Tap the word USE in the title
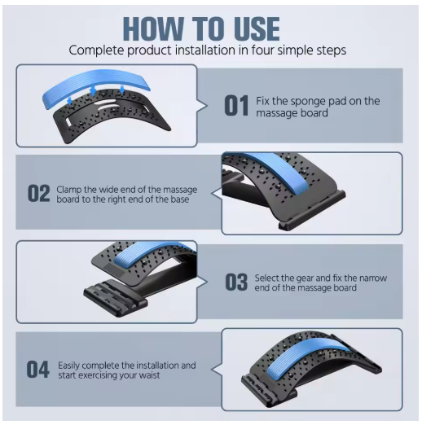255,28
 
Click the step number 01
236,106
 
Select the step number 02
39,194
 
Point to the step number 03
236,283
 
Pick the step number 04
38,370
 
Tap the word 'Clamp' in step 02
68,190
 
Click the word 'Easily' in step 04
68,366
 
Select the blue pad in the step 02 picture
283,171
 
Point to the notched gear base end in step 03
116,297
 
